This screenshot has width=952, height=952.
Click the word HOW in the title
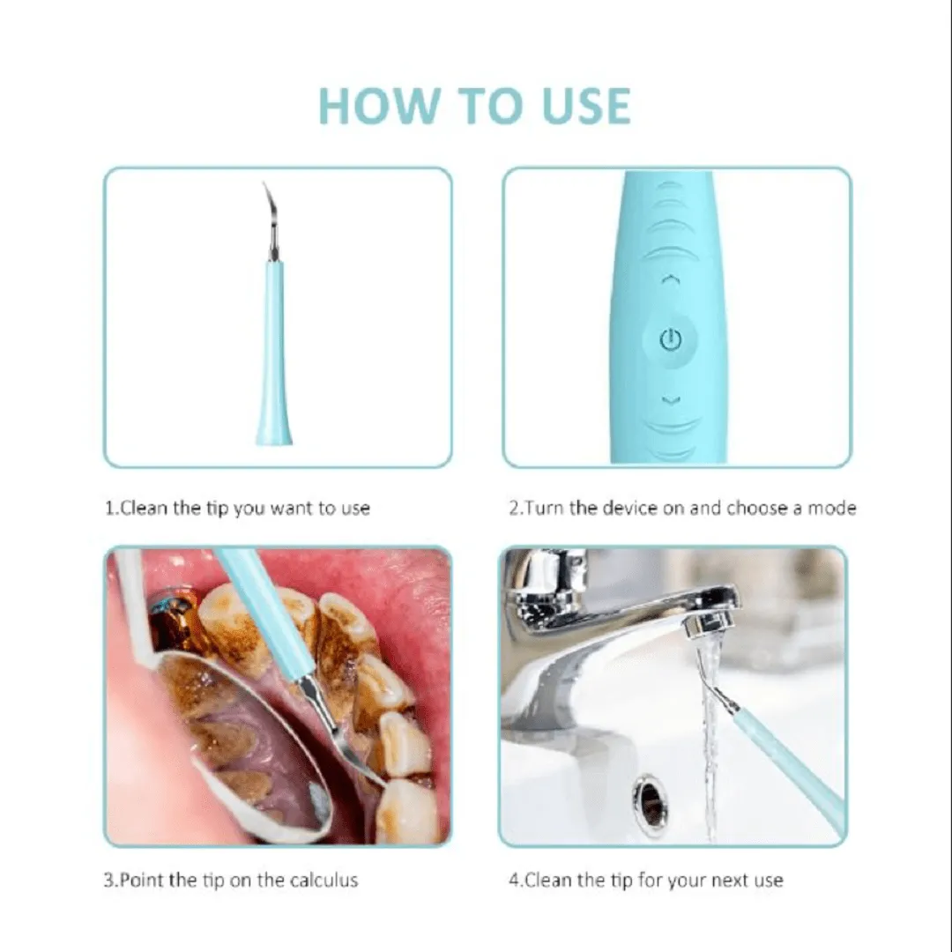click(x=377, y=107)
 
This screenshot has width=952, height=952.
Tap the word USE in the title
click(x=586, y=107)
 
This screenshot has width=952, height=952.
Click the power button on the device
click(x=670, y=340)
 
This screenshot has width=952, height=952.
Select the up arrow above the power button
click(x=670, y=279)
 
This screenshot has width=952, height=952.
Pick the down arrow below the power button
click(x=670, y=400)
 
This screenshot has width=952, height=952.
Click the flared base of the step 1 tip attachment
click(x=274, y=431)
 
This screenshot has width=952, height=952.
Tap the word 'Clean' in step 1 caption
click(x=145, y=508)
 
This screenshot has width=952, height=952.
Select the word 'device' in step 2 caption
click(x=629, y=508)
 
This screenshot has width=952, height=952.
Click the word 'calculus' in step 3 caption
click(x=324, y=880)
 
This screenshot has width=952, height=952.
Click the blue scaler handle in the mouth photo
click(x=267, y=614)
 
